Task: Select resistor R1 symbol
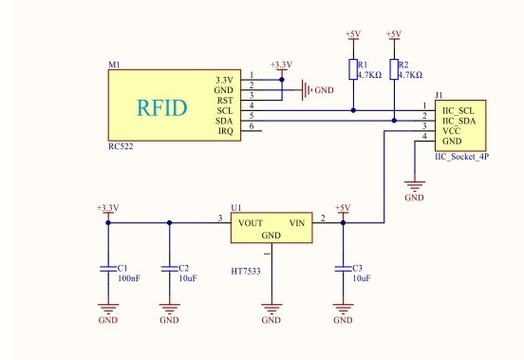coord(352,68)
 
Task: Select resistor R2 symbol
coord(394,68)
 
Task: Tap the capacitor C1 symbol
coord(108,269)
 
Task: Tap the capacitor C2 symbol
coord(169,269)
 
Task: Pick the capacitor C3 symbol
coord(343,269)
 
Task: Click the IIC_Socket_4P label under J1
coord(461,156)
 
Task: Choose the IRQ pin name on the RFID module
coord(225,131)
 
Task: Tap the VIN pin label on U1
coord(297,223)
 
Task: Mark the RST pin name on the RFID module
coord(225,100)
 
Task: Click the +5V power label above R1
coord(352,34)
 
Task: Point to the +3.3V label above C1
coord(108,207)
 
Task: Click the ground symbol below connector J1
coord(414,186)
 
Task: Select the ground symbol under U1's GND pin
coord(271,309)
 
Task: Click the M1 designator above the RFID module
coord(114,65)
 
